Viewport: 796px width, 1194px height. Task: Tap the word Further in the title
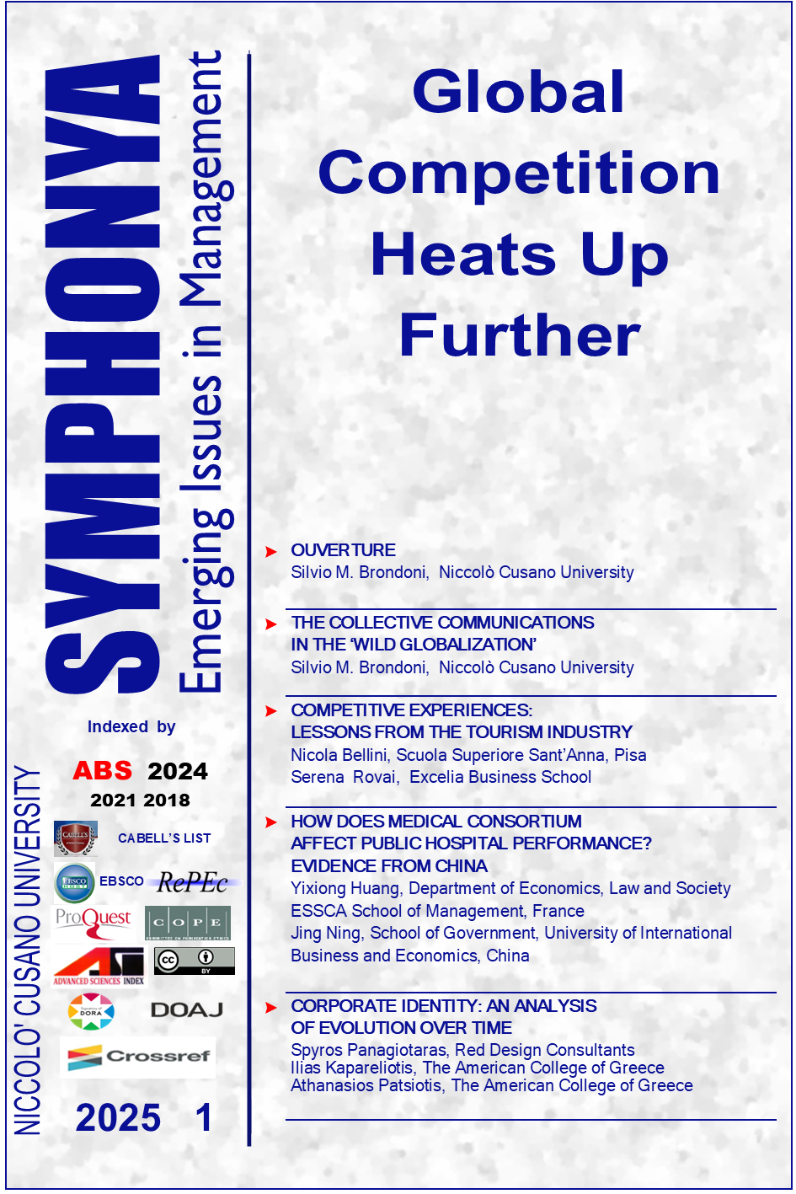pos(519,335)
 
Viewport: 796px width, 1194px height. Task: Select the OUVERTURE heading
pos(343,550)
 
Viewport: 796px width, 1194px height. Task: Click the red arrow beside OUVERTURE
pos(271,551)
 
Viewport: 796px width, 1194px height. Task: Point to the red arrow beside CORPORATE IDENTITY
pos(271,1007)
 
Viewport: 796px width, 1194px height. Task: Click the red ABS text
pos(103,771)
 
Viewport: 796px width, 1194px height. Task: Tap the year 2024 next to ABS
pos(178,772)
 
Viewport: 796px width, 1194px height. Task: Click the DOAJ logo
pos(187,1009)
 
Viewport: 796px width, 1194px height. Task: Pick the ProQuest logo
pos(93,922)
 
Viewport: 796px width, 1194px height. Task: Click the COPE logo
pos(188,923)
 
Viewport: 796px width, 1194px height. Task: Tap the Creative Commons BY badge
pos(194,961)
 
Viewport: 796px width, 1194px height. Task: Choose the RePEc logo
pos(193,882)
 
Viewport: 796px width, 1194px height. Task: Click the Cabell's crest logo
pos(75,838)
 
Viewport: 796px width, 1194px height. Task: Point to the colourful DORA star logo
pos(91,1011)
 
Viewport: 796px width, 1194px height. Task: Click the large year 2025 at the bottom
pos(118,1118)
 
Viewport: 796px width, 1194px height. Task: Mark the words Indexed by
pos(131,726)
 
